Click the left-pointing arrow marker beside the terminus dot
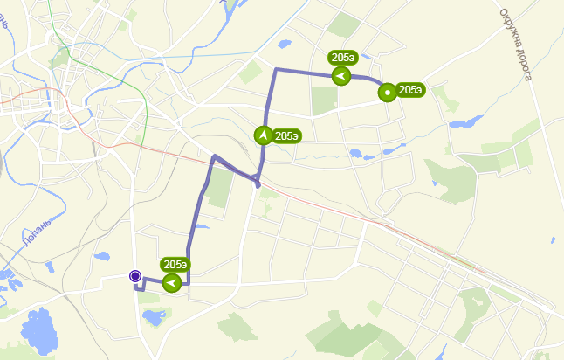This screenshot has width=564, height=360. pyautogui.click(x=341, y=76)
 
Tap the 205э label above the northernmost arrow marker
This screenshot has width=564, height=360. pyautogui.click(x=342, y=58)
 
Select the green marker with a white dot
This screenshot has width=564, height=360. pyautogui.click(x=386, y=91)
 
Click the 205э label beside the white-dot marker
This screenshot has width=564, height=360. pyautogui.click(x=410, y=89)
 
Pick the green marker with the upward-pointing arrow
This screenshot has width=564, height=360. pyautogui.click(x=263, y=135)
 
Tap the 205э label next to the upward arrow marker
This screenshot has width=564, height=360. pyautogui.click(x=287, y=135)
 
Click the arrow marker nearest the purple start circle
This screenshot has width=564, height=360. pyautogui.click(x=172, y=282)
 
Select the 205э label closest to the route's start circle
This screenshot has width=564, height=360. pyautogui.click(x=175, y=264)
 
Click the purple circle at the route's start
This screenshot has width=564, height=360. pyautogui.click(x=135, y=276)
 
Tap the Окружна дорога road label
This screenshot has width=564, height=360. pyautogui.click(x=517, y=44)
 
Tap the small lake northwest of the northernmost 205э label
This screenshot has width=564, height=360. pyautogui.click(x=284, y=44)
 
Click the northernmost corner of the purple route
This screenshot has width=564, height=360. pyautogui.click(x=276, y=69)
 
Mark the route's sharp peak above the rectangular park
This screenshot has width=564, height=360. pyautogui.click(x=214, y=156)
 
